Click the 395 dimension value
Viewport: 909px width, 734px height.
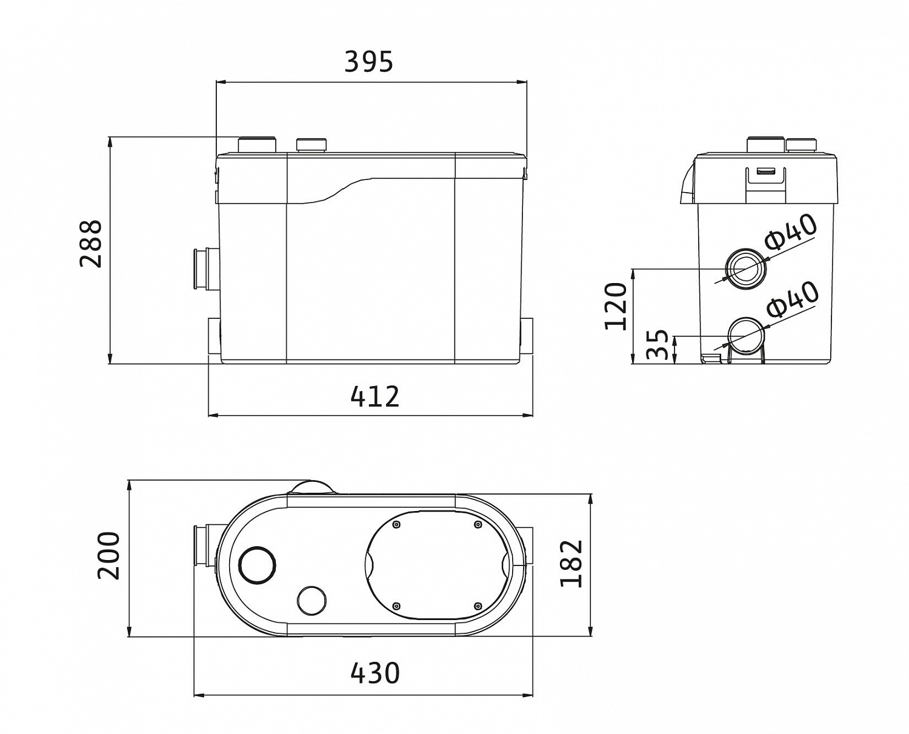[368, 61]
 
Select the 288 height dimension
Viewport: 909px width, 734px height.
[92, 244]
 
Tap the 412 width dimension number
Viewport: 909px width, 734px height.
[375, 396]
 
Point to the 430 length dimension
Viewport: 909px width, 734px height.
[375, 673]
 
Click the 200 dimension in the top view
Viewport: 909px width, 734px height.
[109, 556]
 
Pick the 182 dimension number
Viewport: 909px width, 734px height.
[571, 564]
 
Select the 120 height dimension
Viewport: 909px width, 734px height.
[616, 306]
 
